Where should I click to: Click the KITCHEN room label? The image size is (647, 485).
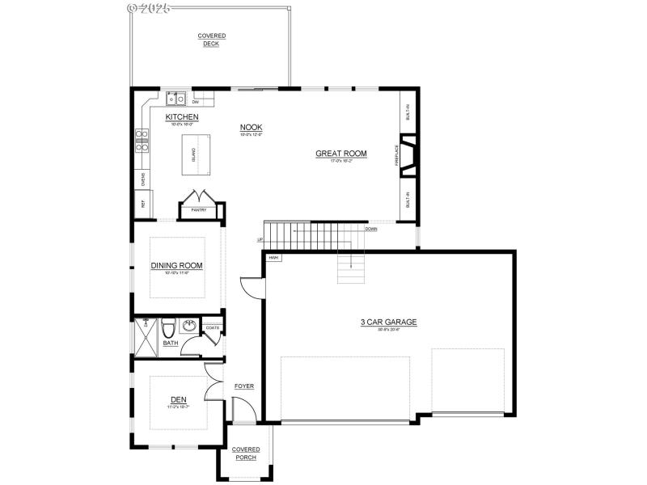(182, 117)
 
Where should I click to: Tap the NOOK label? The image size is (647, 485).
(251, 127)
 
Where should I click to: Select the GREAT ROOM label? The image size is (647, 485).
(341, 153)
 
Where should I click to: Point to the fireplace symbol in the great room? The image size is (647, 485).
(410, 157)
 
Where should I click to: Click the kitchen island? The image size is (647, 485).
(193, 154)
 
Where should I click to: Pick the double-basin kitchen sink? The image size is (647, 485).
(176, 99)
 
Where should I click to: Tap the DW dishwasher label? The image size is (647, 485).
(196, 102)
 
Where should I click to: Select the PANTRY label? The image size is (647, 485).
(199, 210)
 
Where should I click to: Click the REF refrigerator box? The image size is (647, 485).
(143, 205)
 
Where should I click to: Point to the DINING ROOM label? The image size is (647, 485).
(176, 265)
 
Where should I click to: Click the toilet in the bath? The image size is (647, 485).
(168, 329)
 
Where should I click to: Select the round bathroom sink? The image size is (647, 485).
(189, 327)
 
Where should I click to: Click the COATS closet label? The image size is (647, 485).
(213, 327)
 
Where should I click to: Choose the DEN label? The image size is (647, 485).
(178, 399)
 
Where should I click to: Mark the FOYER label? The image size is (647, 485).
(244, 386)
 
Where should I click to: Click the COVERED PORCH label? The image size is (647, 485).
(245, 453)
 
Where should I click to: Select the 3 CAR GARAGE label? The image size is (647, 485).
(388, 322)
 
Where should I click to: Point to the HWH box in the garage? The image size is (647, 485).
(273, 258)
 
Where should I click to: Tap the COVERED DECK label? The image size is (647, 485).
(212, 40)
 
